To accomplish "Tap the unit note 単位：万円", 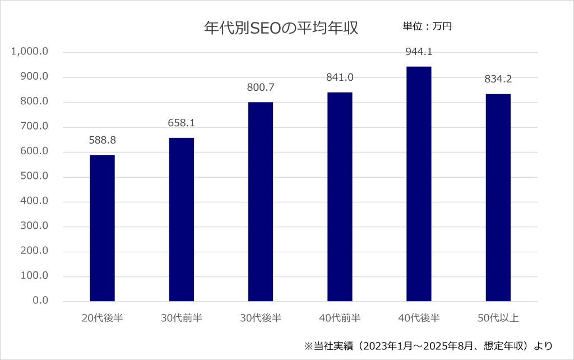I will click(x=427, y=26).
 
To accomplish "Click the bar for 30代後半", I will click(x=260, y=202).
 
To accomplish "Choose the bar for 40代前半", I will click(x=340, y=197).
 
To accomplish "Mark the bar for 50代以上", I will click(x=498, y=197).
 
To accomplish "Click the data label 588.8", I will click(x=102, y=140).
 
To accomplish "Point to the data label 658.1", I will click(x=181, y=123).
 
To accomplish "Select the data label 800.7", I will click(x=260, y=87).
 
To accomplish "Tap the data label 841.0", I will click(x=340, y=77).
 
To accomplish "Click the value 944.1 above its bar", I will click(x=419, y=52).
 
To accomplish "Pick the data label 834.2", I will click(x=498, y=79).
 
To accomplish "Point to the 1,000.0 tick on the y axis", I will click(x=30, y=52).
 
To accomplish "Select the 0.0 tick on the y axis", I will click(x=40, y=301).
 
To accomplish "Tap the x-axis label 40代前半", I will click(x=340, y=319).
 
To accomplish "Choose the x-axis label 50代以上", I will click(x=498, y=319).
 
